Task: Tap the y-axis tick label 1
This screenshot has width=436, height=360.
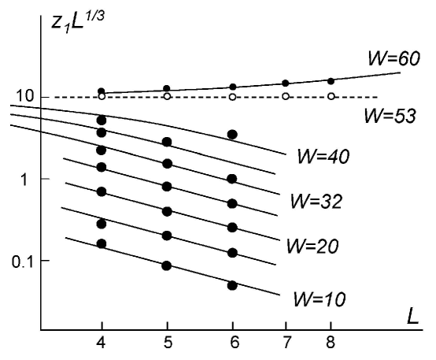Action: point(25,179)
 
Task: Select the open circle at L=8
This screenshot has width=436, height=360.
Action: point(331,97)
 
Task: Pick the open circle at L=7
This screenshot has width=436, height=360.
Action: point(286,97)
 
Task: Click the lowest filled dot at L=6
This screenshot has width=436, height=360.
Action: point(232,284)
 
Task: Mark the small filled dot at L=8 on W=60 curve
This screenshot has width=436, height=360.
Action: point(331,81)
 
